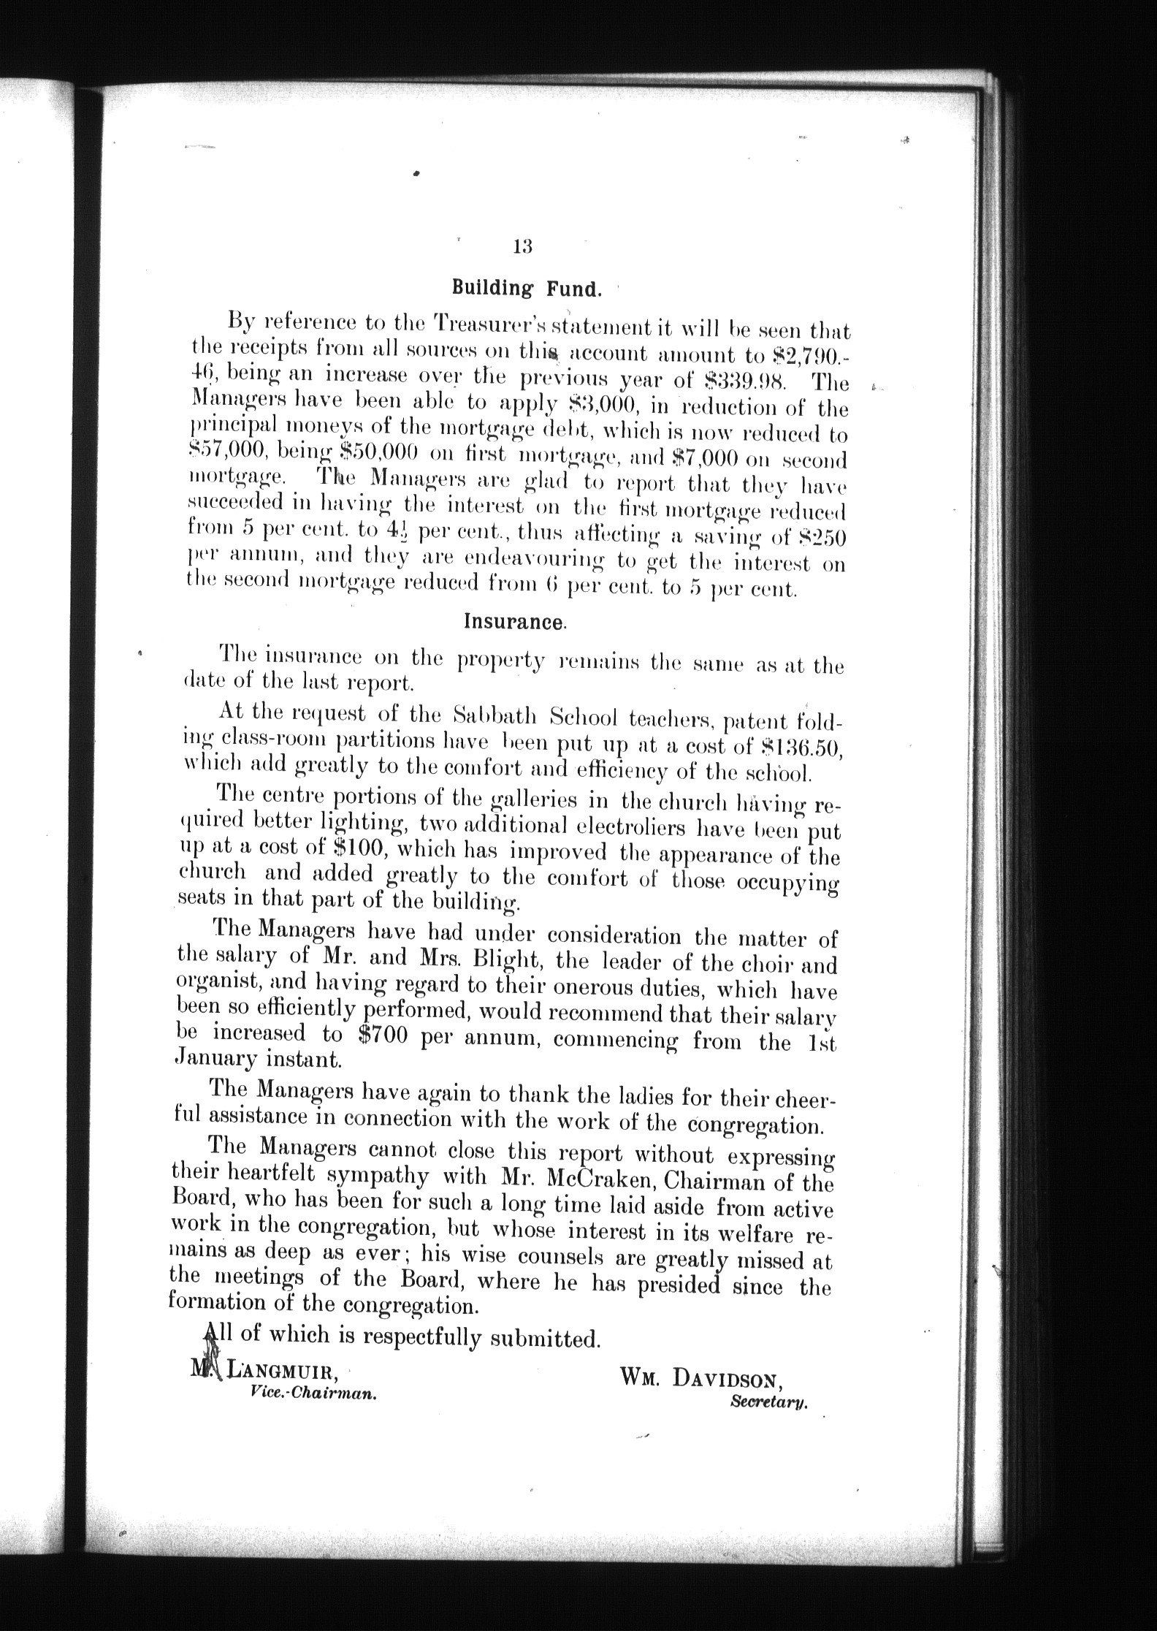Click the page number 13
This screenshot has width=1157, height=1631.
523,246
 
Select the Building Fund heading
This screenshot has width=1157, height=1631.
527,288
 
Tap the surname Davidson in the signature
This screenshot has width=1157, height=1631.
730,1377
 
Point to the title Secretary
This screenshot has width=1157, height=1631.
768,1402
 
